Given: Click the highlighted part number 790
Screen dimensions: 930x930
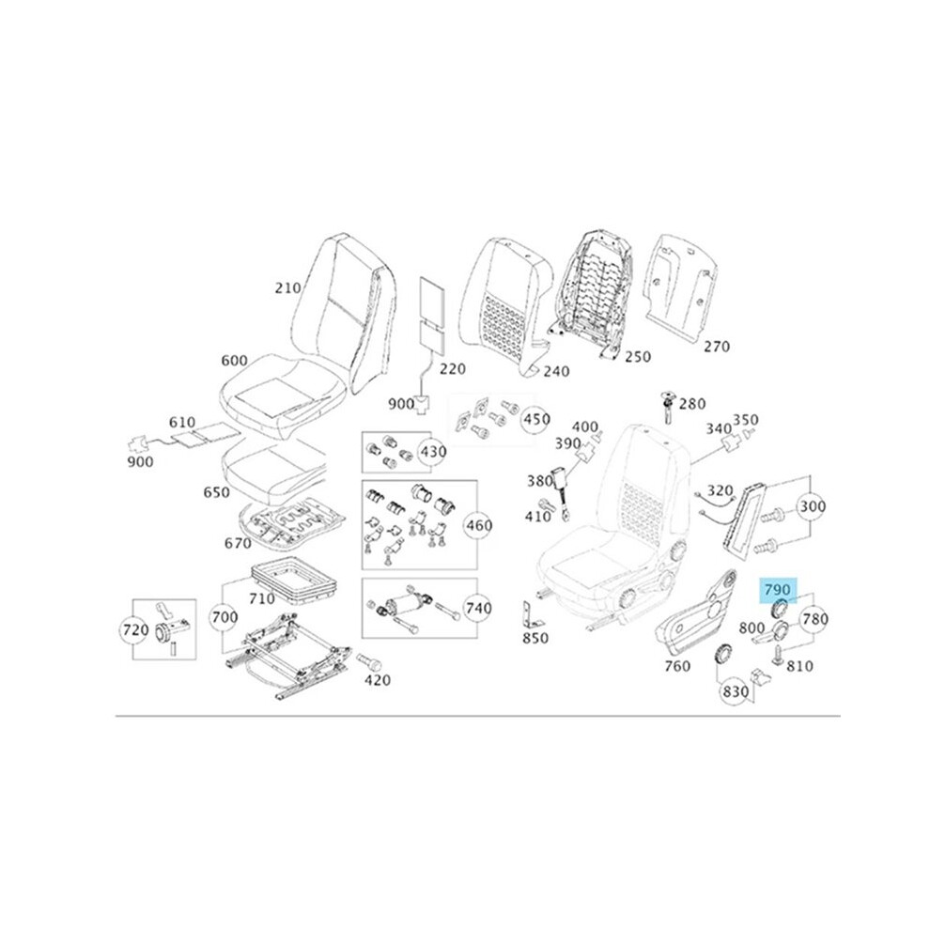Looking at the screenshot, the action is click(778, 590).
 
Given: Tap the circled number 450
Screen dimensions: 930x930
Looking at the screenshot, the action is click(535, 419).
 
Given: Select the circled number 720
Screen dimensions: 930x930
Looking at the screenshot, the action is click(134, 629).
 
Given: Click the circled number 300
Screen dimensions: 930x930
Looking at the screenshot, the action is click(812, 506).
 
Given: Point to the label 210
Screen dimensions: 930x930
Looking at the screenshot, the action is click(287, 288).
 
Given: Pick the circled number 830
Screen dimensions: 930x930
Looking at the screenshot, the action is click(735, 691).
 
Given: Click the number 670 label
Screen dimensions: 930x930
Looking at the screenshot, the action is click(238, 543).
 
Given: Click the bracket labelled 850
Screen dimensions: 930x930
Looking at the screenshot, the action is click(532, 615).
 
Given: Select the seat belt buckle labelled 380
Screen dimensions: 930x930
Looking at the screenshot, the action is click(561, 487).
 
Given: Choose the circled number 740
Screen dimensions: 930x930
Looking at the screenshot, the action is click(478, 608).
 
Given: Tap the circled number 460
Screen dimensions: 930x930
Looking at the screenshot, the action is click(478, 525).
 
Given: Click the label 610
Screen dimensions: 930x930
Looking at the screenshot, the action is click(182, 423).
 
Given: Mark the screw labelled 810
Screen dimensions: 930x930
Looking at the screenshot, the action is click(778, 654).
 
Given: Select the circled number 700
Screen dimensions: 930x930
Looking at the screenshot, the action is click(225, 617).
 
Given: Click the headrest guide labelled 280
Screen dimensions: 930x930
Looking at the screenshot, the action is click(669, 406).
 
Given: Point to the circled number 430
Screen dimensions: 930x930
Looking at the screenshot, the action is click(433, 452).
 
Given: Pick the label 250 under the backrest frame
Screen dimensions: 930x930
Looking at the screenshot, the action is click(638, 356).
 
